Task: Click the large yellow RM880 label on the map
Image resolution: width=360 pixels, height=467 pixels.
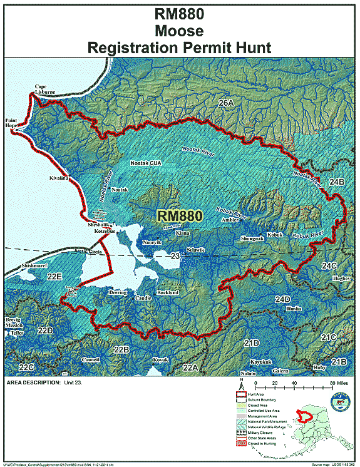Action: (x=180, y=215)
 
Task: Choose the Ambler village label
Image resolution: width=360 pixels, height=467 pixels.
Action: (x=230, y=220)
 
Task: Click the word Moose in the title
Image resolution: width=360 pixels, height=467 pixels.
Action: (x=180, y=29)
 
